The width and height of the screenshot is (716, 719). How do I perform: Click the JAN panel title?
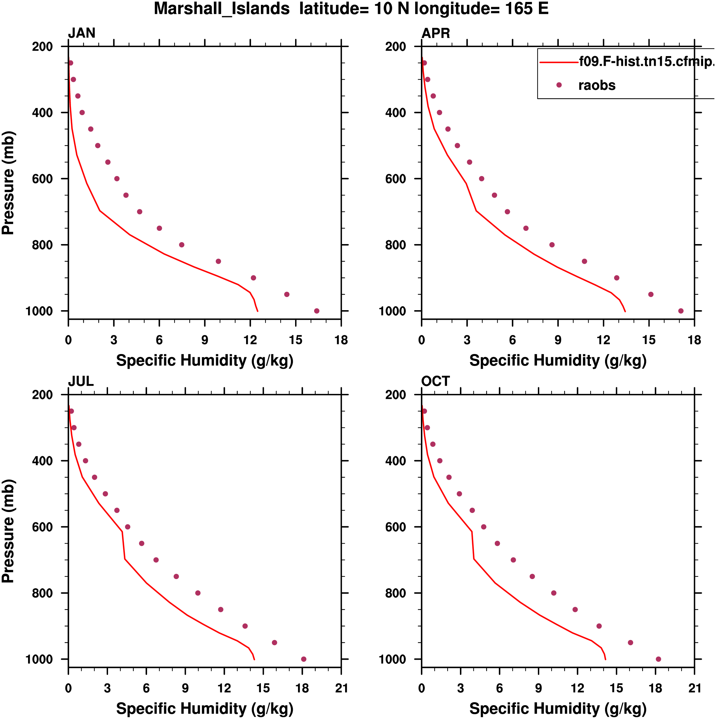click(82, 33)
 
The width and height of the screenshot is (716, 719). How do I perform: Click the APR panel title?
click(435, 33)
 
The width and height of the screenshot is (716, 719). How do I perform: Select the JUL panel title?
click(80, 381)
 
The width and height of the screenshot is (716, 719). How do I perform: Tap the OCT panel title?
click(435, 381)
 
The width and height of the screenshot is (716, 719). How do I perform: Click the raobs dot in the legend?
click(559, 85)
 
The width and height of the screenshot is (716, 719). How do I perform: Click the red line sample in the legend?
click(559, 62)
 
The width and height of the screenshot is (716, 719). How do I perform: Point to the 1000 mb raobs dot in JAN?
click(316, 311)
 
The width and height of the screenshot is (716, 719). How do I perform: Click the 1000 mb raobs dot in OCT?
click(658, 659)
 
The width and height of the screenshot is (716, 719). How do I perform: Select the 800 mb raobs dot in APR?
click(552, 245)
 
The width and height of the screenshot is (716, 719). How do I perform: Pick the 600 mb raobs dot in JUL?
click(128, 527)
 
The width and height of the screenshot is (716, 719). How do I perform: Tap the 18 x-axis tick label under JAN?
click(341, 340)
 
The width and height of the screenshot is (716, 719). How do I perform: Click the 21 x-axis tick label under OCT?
click(694, 688)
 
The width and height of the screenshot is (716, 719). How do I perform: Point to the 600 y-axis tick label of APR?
click(396, 179)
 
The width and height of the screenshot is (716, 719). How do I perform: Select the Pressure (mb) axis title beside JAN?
click(8, 182)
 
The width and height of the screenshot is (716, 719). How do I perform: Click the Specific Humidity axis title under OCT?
click(558, 709)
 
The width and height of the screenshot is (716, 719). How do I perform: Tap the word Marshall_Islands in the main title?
click(222, 9)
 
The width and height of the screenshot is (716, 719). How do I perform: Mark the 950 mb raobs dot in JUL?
click(274, 643)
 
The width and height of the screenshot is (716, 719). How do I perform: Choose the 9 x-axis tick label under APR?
click(558, 340)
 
